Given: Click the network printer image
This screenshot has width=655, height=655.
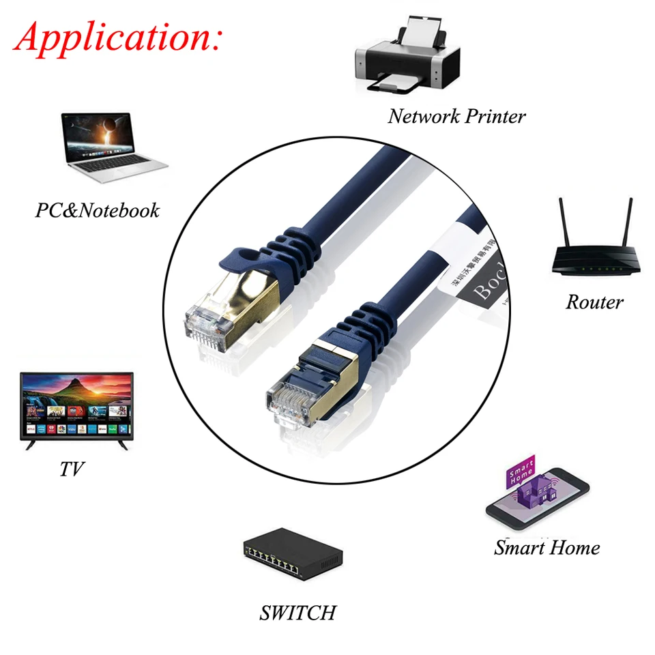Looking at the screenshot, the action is [x=407, y=58].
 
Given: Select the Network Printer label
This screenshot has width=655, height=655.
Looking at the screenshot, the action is [x=456, y=116].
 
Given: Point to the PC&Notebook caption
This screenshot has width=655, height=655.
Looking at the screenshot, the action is [x=97, y=210].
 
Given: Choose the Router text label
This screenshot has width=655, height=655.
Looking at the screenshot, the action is [x=594, y=302].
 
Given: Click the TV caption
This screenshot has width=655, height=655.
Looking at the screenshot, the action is [x=72, y=469].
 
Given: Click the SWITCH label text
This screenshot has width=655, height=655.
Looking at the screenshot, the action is [x=297, y=612].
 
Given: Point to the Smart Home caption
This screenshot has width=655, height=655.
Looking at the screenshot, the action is [x=547, y=547].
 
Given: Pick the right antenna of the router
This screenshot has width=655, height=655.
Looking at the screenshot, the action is [x=629, y=222].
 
